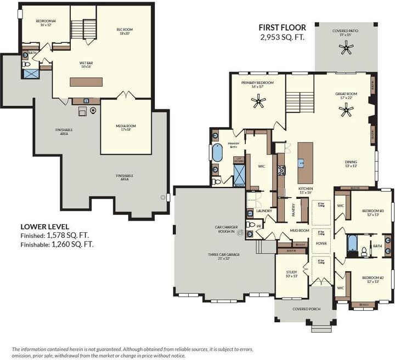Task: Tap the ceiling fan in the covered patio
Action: (x=346, y=49)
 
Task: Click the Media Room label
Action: (x=126, y=128)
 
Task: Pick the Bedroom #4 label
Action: (x=46, y=24)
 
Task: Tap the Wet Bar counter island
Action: (x=86, y=82)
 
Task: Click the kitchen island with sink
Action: (x=305, y=163)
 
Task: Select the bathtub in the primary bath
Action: (x=217, y=153)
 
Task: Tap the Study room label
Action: (x=291, y=274)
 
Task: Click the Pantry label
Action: (x=294, y=210)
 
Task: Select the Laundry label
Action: (x=264, y=210)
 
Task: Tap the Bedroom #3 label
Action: (x=373, y=213)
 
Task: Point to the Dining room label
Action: (x=351, y=163)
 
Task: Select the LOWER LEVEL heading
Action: (x=44, y=226)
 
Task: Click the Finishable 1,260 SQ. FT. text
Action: (x=57, y=244)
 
